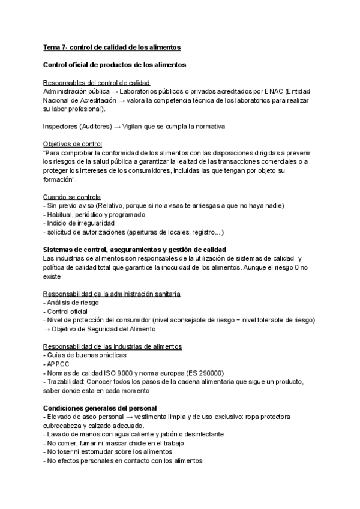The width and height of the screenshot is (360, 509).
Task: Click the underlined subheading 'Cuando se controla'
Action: (x=72, y=197)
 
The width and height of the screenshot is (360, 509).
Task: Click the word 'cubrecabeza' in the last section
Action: (x=62, y=426)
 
